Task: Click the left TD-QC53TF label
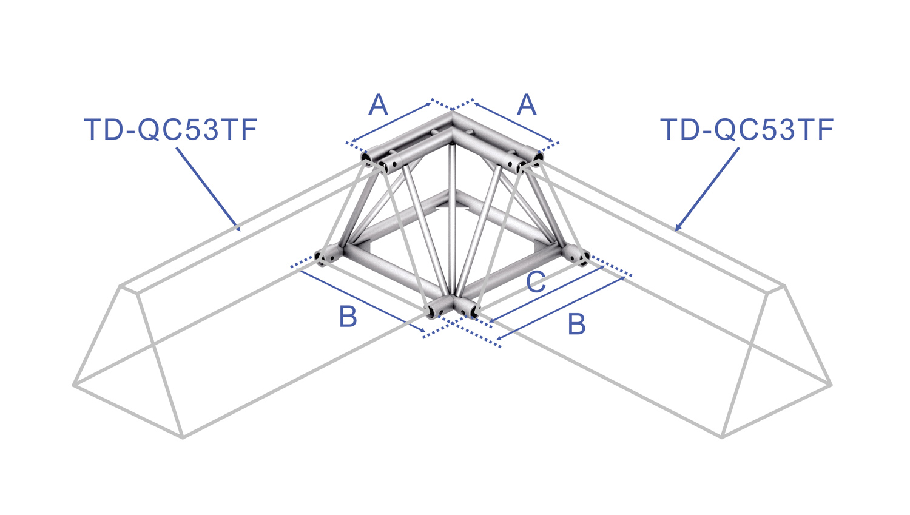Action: pyautogui.click(x=170, y=130)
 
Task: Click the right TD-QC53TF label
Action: pyautogui.click(x=747, y=130)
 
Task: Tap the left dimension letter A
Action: pyautogui.click(x=378, y=104)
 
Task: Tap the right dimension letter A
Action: pyautogui.click(x=527, y=104)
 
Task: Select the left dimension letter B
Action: pyautogui.click(x=348, y=317)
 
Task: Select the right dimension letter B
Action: pyautogui.click(x=576, y=324)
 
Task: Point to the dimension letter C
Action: pyautogui.click(x=536, y=281)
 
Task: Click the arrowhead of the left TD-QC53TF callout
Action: pyautogui.click(x=238, y=227)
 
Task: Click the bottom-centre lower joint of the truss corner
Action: pyautogui.click(x=452, y=307)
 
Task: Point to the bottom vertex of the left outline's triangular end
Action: pyautogui.click(x=183, y=438)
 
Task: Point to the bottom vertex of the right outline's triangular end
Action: pyautogui.click(x=721, y=437)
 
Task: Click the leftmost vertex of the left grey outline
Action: pyautogui.click(x=74, y=385)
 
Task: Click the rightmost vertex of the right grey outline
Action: pyautogui.click(x=831, y=385)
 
